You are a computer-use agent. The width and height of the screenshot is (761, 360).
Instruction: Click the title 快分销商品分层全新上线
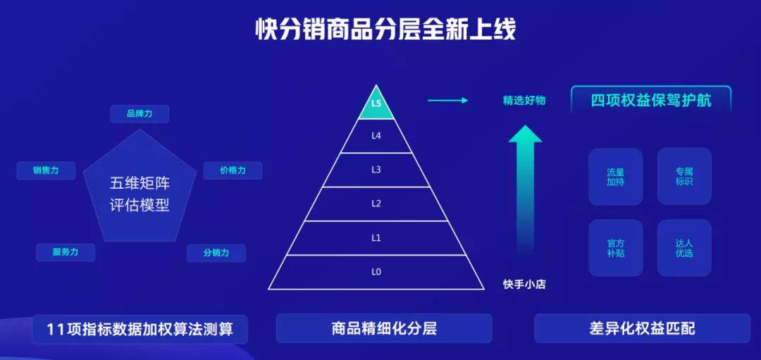point(386,30)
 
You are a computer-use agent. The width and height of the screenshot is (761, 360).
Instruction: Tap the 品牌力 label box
point(140,114)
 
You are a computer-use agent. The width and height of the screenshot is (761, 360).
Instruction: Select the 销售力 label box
point(46,170)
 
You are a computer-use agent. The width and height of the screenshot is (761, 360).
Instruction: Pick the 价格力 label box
point(233,170)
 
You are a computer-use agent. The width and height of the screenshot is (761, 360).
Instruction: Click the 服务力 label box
point(66,253)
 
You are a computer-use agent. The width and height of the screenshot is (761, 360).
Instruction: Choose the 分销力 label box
point(216,253)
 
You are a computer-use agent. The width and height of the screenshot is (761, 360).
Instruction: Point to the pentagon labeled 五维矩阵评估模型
point(140,187)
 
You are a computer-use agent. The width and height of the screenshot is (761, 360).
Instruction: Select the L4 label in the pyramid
point(376,136)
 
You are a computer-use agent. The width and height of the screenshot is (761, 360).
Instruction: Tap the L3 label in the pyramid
point(376,170)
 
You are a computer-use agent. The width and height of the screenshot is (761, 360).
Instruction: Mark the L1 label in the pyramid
point(376,237)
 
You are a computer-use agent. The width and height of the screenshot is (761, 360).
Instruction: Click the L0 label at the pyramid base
point(376,272)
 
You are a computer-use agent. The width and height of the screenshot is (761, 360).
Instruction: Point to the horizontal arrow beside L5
point(447,101)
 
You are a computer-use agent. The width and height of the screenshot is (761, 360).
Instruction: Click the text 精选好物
point(524,101)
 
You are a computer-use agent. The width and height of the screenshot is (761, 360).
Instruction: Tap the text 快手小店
point(524,285)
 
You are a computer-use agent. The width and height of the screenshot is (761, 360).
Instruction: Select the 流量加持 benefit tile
point(615,177)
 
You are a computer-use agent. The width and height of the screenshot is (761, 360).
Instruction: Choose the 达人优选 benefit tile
point(684,248)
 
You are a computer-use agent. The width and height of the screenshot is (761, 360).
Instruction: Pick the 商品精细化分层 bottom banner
point(384,328)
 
